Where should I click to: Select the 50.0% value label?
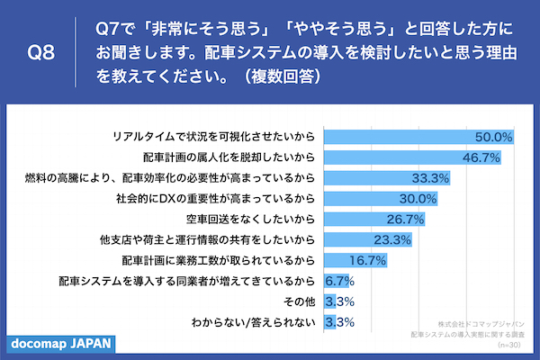(x=494, y=137)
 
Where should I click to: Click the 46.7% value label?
(x=481, y=157)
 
